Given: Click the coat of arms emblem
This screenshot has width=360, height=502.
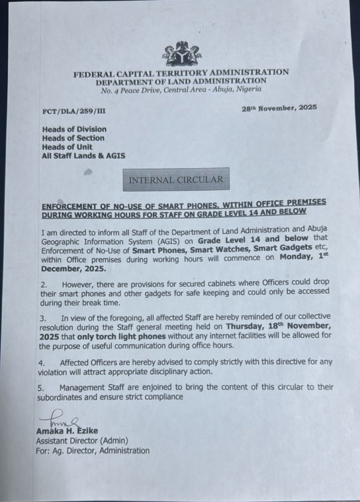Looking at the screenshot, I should coord(182,54).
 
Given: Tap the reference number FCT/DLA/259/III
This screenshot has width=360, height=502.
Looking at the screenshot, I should coord(73,111).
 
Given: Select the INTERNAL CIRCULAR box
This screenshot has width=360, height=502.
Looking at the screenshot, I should coord(176,180).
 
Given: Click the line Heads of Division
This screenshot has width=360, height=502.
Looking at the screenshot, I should coord(74,129).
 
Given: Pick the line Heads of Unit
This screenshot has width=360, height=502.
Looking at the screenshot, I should coord(67,147).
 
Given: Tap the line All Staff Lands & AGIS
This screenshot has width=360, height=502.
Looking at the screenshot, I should coord(83,156).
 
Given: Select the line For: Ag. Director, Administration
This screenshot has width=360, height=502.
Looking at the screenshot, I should coord(93,451).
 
